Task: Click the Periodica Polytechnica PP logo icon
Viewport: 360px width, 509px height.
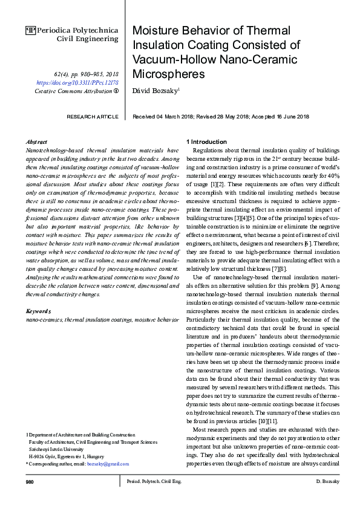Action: [x=31, y=29]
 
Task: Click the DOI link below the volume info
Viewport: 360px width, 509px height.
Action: [x=77, y=82]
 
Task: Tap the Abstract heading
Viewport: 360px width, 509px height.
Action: [x=38, y=141]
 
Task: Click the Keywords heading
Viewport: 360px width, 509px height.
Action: [x=38, y=311]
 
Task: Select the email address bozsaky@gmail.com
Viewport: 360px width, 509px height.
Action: [x=108, y=464]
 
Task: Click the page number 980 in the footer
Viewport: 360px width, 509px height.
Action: [x=30, y=481]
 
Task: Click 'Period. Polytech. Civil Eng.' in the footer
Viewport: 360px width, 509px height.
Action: [x=154, y=481]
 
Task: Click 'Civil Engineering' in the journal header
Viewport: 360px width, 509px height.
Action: [x=88, y=38]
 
